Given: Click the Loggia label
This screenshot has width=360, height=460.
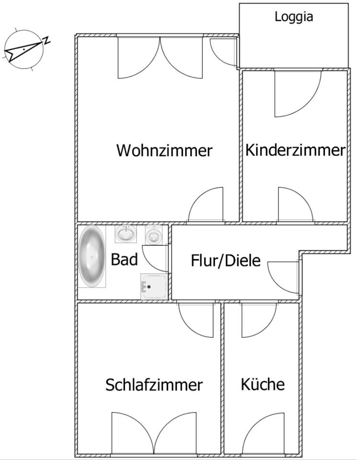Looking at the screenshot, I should (x=294, y=17).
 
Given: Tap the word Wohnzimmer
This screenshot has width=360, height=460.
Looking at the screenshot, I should (x=164, y=150).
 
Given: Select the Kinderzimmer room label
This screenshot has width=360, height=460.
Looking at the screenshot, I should (x=295, y=150).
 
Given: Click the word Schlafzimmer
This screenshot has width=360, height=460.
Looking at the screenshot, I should (x=154, y=385).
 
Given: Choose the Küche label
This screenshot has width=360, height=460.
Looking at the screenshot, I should (x=263, y=384).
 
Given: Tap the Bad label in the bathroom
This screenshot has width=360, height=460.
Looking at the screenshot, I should (x=124, y=260).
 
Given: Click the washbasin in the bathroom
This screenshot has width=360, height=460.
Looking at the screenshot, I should (x=126, y=234).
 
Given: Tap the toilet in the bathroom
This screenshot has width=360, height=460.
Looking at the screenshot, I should (x=153, y=235).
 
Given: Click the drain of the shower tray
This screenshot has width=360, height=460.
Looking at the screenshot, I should (x=149, y=287).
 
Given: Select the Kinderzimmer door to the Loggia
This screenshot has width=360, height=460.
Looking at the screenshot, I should (x=295, y=93).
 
